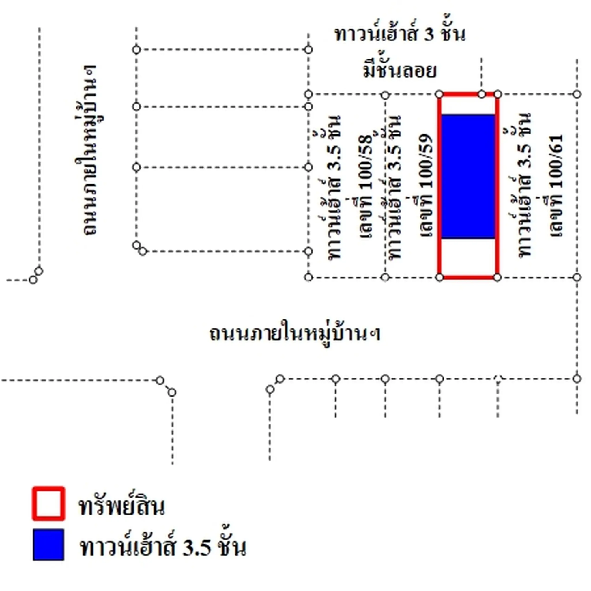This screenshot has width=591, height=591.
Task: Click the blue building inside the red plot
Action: click(468, 176)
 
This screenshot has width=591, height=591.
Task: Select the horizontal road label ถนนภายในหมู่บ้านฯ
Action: click(295, 333)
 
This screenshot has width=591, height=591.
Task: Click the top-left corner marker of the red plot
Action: click(439, 94)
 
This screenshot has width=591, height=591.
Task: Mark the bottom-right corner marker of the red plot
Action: click(498, 277)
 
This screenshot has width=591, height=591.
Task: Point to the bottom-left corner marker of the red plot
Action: click(439, 277)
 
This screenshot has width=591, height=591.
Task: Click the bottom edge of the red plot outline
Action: click(468, 277)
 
